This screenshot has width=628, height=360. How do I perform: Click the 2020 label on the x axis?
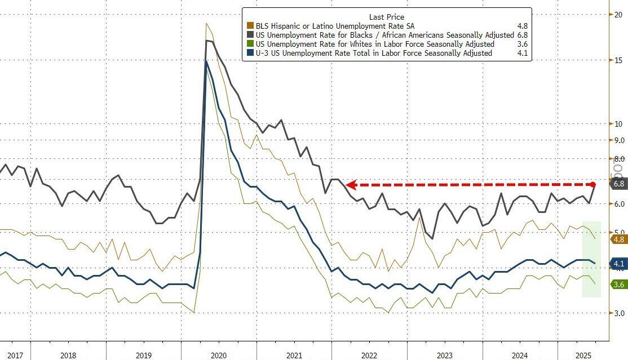219,355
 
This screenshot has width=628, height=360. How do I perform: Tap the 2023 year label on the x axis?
445,355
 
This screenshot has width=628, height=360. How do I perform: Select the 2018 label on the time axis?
68,355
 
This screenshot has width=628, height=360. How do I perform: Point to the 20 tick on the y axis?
617,15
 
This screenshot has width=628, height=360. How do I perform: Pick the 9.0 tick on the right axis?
619,140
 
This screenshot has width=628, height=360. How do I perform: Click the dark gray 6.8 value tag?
618,184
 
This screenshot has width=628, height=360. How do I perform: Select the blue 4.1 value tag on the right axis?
618,264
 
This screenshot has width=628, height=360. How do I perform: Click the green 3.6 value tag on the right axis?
618,285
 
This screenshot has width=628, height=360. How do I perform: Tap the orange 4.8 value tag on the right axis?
618,239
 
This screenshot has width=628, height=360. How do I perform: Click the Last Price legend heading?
387,17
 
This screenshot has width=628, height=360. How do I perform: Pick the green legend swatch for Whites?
250,45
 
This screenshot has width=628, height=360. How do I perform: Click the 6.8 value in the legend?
521,35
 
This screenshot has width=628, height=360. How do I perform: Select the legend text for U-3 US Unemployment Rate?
374,54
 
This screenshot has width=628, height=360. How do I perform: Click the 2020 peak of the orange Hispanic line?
207,23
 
